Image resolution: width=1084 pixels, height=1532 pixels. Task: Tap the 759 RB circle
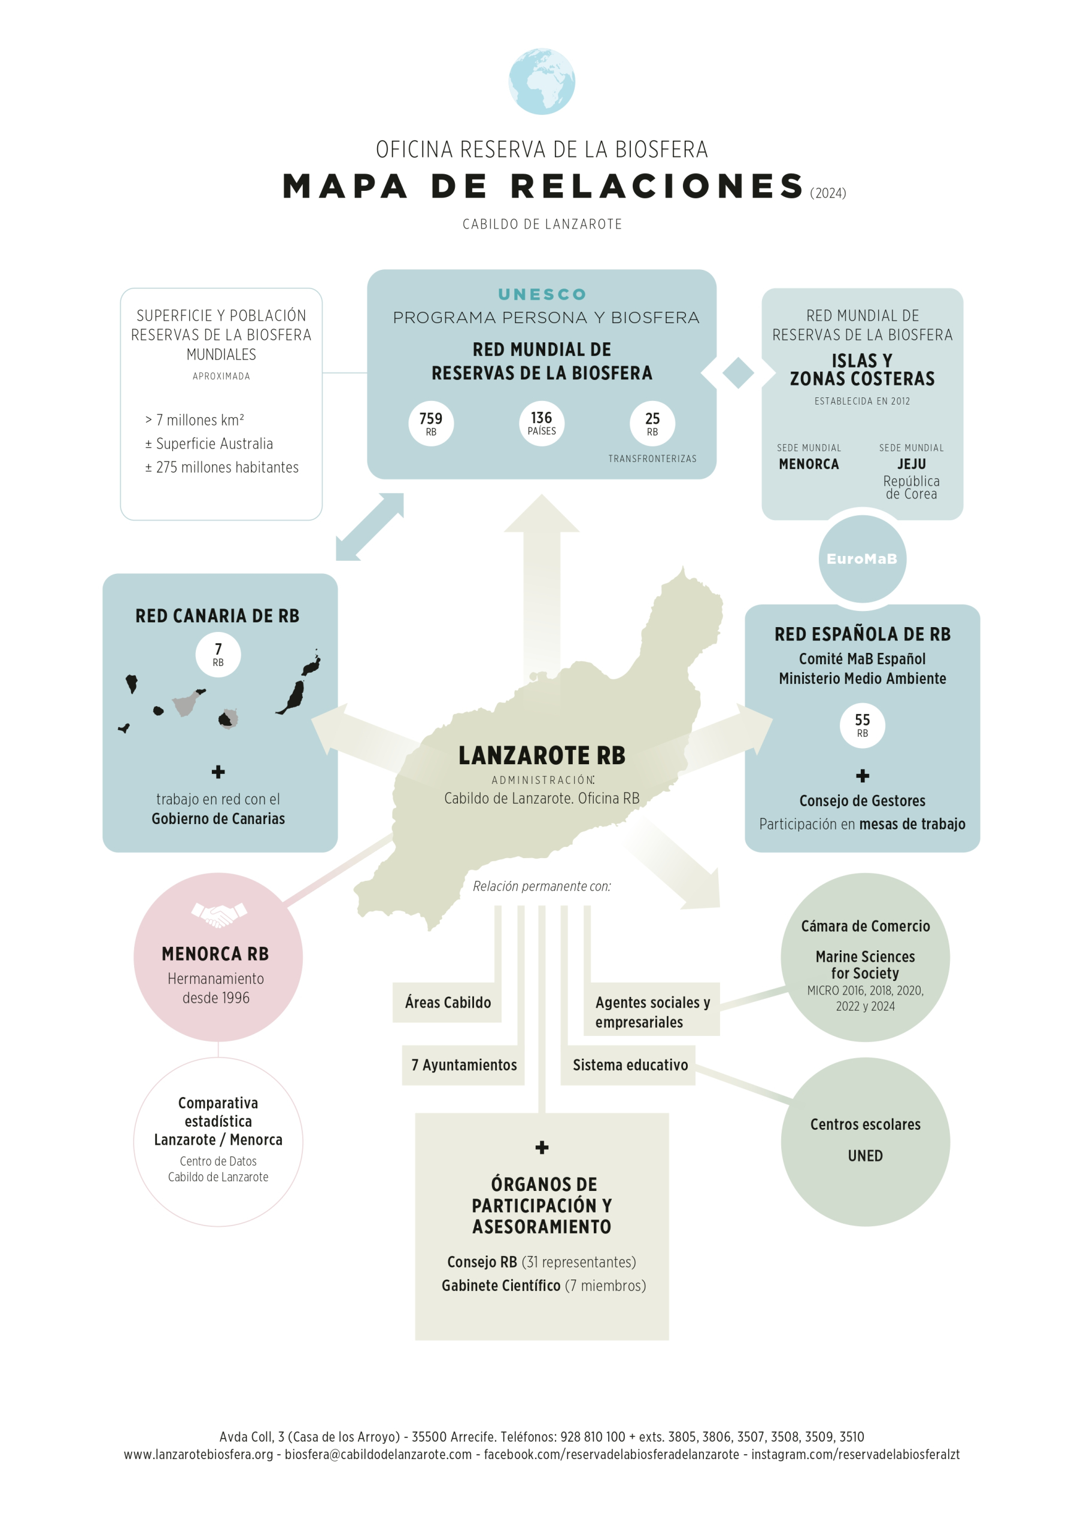click(431, 423)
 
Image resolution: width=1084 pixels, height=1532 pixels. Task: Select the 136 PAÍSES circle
click(541, 423)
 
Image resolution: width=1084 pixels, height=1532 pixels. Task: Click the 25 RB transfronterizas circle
click(652, 423)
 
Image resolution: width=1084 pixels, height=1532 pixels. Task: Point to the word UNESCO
click(542, 294)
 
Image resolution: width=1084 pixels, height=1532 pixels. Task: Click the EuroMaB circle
click(862, 558)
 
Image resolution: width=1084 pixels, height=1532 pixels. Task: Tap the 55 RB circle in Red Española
click(863, 725)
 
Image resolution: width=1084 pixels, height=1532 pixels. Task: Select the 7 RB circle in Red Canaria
click(218, 654)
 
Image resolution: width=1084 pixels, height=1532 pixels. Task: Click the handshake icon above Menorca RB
click(219, 914)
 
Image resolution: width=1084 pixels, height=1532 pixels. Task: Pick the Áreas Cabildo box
click(447, 1002)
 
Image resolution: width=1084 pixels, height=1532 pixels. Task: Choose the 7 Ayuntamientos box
click(464, 1065)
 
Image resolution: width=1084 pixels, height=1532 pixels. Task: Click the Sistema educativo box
click(630, 1065)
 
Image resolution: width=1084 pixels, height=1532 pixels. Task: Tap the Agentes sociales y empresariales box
click(651, 1011)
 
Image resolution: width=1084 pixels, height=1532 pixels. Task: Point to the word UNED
click(865, 1156)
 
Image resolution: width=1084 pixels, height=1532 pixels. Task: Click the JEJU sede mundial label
click(911, 464)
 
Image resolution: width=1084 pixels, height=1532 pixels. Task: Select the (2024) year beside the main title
click(828, 193)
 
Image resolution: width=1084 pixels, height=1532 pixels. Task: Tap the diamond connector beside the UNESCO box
click(737, 372)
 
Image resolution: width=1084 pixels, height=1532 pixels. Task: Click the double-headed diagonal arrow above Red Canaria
click(370, 527)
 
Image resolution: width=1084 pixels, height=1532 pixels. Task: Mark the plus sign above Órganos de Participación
click(542, 1147)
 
